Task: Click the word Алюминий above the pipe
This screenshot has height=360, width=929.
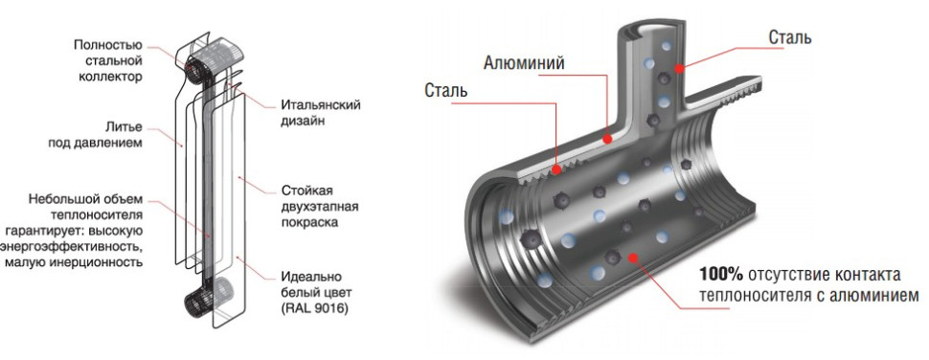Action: pyautogui.click(x=523, y=63)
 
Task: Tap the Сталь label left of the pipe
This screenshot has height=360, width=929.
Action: pyautogui.click(x=445, y=92)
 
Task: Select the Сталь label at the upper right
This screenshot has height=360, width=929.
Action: pyautogui.click(x=790, y=38)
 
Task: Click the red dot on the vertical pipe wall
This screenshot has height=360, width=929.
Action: pyautogui.click(x=679, y=69)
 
